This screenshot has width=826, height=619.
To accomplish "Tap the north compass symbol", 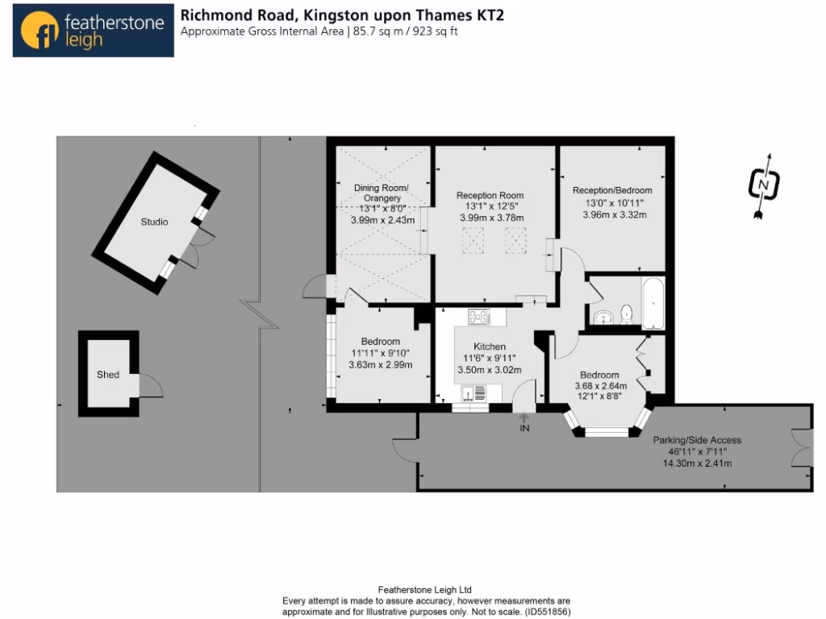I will pos(763,185).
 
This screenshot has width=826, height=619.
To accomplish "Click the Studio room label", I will pos(154,222).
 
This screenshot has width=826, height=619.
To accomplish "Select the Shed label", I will pos(108,375).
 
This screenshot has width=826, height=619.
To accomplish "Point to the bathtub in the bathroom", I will pos(652,303).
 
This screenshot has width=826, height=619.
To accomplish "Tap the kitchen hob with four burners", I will pos(478,317).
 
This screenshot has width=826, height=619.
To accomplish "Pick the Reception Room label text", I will pos(490,195).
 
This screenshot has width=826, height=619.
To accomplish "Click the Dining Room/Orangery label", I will pos(382,193).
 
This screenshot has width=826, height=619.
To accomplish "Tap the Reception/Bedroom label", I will pos(612,190).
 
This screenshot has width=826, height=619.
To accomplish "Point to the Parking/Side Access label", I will pos(697,440).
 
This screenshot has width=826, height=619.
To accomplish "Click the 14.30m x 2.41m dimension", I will pos(696,463).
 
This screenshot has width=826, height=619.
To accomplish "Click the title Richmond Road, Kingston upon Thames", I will pos(342,15).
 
